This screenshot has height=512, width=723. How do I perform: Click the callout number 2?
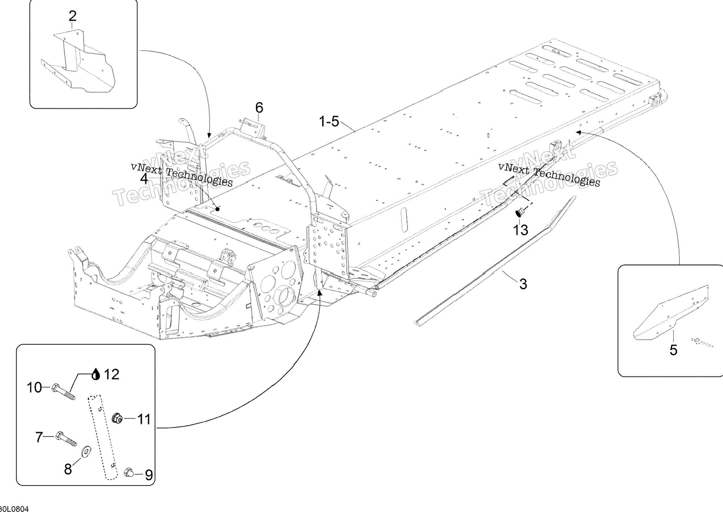72,16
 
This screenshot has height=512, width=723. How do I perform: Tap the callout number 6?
259,107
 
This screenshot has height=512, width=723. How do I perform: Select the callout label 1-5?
329,122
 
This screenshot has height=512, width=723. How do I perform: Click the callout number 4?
144,179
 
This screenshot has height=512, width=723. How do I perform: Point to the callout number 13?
520,230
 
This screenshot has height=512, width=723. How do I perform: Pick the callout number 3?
523,284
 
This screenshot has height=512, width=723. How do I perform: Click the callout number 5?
673,350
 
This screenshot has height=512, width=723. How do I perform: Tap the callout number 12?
112,374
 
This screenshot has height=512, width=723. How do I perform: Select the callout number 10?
35,388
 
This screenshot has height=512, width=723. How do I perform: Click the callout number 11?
144,419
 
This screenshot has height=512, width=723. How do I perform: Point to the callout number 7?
39,437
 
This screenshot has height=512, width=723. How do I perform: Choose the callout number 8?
68,469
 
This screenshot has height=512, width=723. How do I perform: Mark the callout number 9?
149,475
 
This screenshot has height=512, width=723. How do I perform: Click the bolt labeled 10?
64,392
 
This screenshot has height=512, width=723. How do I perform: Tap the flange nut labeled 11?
117,419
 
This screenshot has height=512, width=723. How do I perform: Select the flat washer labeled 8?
86,451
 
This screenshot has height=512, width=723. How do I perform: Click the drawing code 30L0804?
14,509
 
